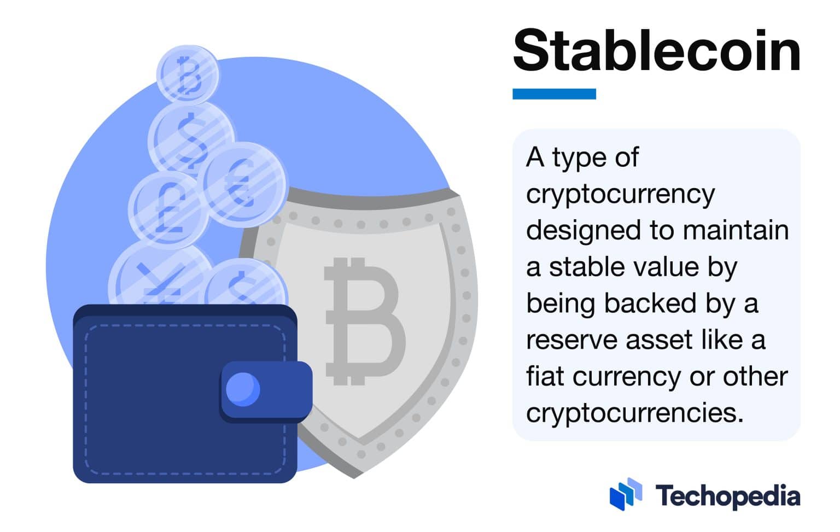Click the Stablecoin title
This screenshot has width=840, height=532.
656,50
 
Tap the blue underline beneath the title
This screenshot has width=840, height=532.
553,94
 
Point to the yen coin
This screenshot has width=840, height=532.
159,279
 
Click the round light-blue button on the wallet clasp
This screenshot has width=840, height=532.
243,389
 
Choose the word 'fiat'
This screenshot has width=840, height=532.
545,376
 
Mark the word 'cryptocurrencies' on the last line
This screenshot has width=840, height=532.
634,413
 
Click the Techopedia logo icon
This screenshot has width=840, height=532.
625,494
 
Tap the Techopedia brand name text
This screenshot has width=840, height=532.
727,496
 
